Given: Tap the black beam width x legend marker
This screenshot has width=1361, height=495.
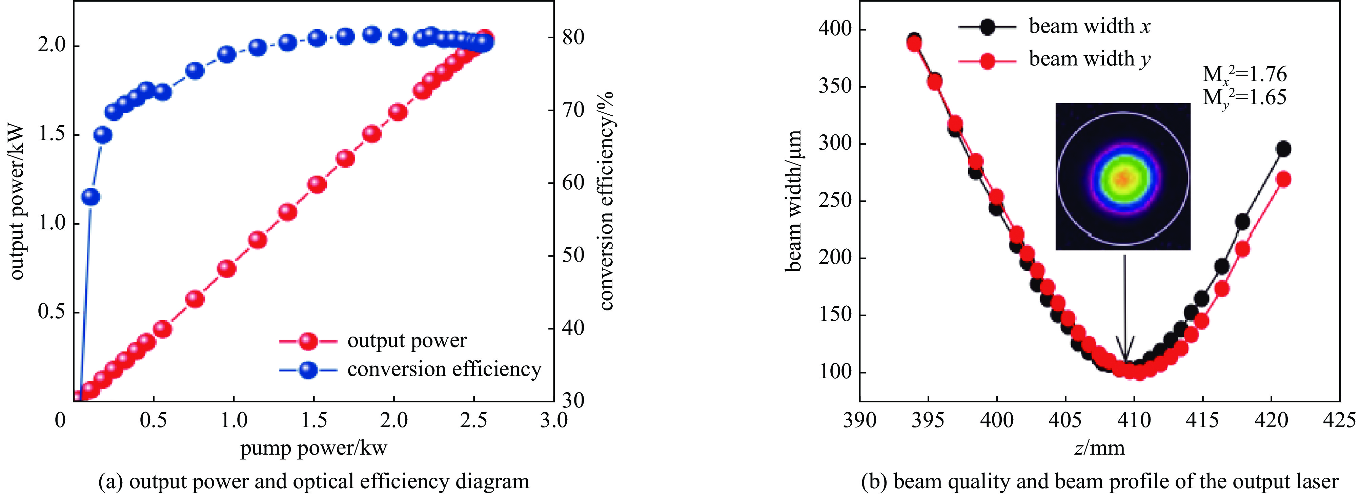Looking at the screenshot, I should (987, 27).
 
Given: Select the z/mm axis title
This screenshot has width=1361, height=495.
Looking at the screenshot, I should (1099, 449).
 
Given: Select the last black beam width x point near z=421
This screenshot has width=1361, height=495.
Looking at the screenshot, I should (1283, 149).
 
